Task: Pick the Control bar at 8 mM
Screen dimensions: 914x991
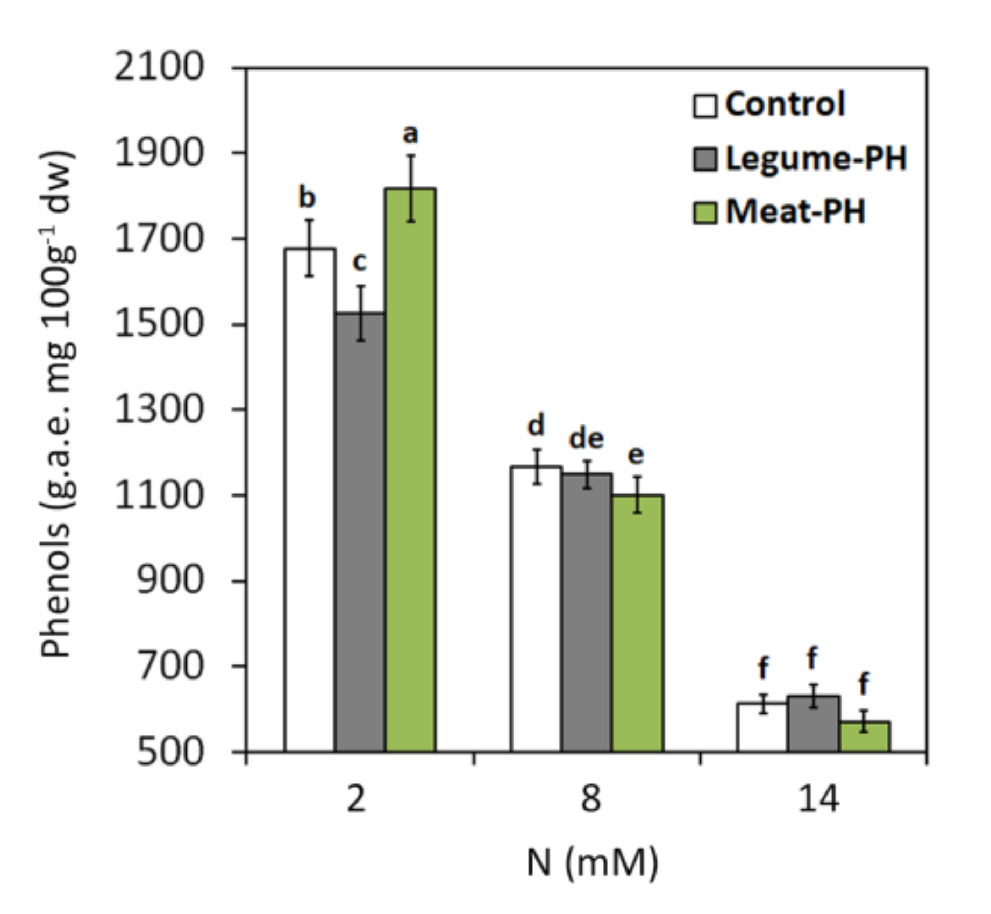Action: pyautogui.click(x=536, y=608)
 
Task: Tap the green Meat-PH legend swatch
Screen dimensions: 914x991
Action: pyautogui.click(x=704, y=213)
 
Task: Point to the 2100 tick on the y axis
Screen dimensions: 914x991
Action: pyautogui.click(x=159, y=68)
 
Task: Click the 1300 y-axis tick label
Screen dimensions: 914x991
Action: pyautogui.click(x=159, y=409)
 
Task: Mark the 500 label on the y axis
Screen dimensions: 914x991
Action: pyautogui.click(x=170, y=751)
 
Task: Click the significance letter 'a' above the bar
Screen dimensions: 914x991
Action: pyautogui.click(x=410, y=134)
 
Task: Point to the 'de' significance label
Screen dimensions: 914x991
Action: pyautogui.click(x=586, y=439)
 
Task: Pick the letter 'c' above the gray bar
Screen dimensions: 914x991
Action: pyautogui.click(x=359, y=262)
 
